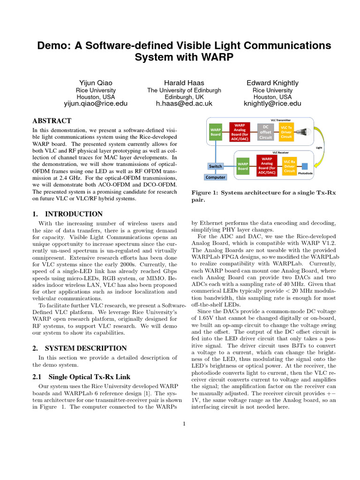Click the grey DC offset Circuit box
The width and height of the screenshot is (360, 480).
coord(266,132)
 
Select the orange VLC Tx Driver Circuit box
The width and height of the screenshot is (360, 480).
coord(286,132)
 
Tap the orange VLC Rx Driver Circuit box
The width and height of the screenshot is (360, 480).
coord(289,166)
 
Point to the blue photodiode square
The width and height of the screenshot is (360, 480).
coord(305,166)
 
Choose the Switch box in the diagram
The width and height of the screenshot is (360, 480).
coord(215,166)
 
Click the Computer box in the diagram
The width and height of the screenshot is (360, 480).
coord(215,177)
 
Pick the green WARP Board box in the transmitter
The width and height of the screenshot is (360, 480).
coord(216,132)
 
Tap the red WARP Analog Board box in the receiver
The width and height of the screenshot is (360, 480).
coord(267,166)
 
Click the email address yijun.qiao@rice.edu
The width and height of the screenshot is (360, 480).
coord(96,104)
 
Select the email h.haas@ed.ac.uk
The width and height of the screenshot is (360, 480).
coord(184,104)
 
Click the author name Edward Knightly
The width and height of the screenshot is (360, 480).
coord(272,83)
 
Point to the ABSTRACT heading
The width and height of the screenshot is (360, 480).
coord(52,121)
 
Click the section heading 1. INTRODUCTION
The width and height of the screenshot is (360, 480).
coord(67,214)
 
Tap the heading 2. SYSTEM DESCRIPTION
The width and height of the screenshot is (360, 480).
coord(79,348)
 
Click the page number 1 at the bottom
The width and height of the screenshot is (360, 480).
coord(184,424)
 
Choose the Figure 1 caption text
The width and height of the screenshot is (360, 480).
coord(263,196)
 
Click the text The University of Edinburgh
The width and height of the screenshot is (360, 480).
coord(184,90)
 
